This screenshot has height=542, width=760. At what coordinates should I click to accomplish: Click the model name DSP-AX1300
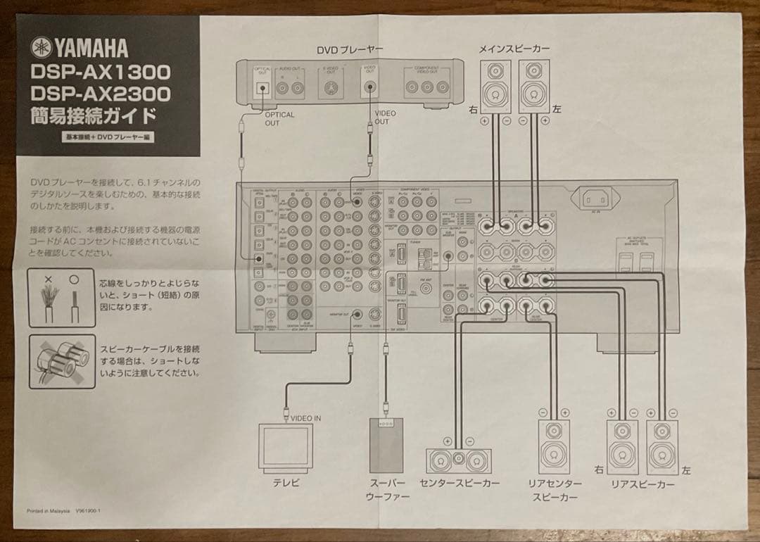point(100,72)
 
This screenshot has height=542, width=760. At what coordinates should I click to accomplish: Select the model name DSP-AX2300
point(100,94)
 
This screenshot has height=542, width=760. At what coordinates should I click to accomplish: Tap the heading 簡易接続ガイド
point(91,115)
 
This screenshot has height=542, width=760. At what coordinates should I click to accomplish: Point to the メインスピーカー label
point(514,49)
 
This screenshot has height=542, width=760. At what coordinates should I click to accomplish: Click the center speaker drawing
point(458,460)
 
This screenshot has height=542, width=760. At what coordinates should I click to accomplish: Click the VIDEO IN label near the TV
point(305,418)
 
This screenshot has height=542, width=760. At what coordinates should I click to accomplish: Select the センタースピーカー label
point(460,484)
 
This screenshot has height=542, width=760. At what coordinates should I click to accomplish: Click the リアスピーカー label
point(642,484)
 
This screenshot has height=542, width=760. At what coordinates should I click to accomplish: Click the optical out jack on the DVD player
point(263,89)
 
